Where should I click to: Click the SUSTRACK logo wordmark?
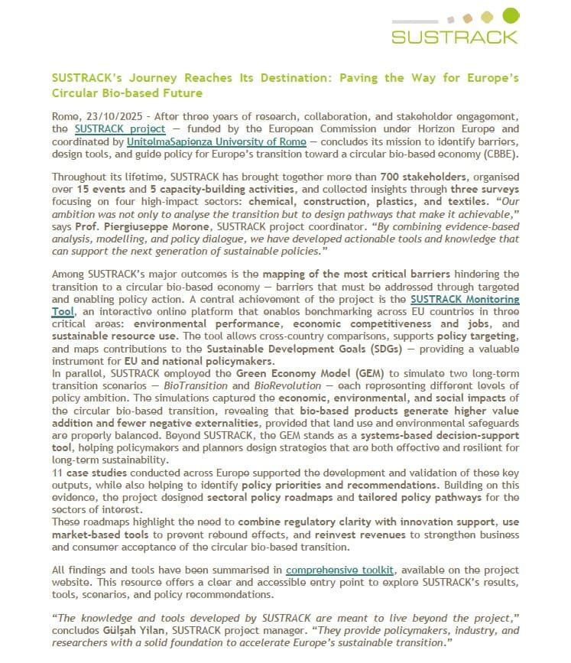[x=454, y=36]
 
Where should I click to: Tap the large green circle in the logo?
[x=511, y=15]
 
